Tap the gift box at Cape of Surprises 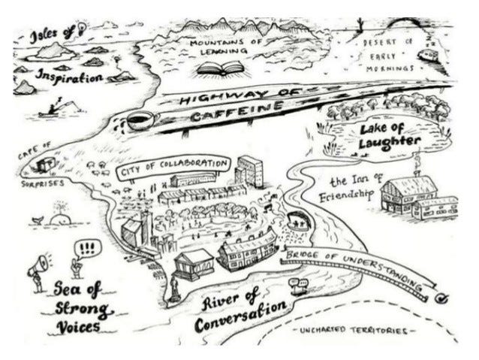click(46, 162)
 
